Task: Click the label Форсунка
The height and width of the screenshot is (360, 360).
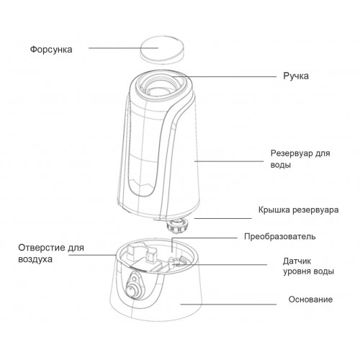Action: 51,50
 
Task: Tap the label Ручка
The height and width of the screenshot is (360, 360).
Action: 296,76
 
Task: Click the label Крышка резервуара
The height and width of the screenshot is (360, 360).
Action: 298,210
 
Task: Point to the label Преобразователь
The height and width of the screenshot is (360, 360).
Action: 279,237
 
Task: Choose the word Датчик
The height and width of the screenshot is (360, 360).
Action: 297,261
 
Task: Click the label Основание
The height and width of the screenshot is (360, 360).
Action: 310,300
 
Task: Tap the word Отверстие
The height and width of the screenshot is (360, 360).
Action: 42,248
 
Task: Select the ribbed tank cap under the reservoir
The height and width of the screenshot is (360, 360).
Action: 179,226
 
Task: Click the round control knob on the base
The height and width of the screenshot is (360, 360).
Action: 132,292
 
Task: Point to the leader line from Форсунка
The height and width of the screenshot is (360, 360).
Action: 123,48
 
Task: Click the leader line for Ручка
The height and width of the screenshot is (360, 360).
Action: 224,77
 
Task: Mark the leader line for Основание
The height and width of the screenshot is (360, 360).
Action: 228,305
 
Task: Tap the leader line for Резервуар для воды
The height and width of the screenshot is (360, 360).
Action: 229,161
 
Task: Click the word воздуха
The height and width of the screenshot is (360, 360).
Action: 35,259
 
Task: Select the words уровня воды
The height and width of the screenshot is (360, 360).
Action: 309,271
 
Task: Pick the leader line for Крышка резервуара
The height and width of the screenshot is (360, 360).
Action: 223,218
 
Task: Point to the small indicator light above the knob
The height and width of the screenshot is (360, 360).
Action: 135,279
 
